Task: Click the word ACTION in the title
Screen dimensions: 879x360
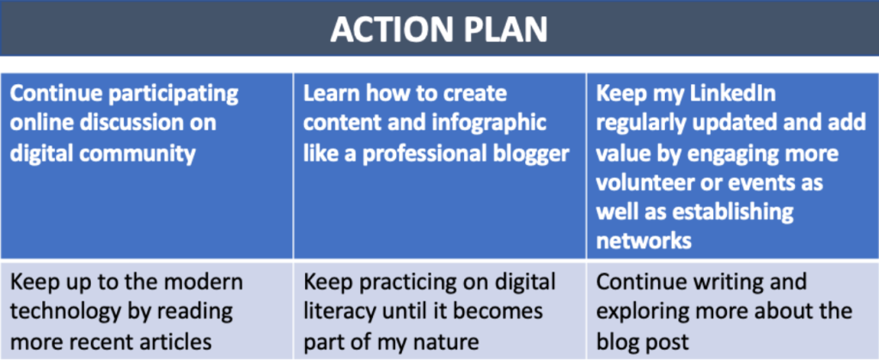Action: (x=393, y=28)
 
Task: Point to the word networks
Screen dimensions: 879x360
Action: (x=643, y=241)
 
